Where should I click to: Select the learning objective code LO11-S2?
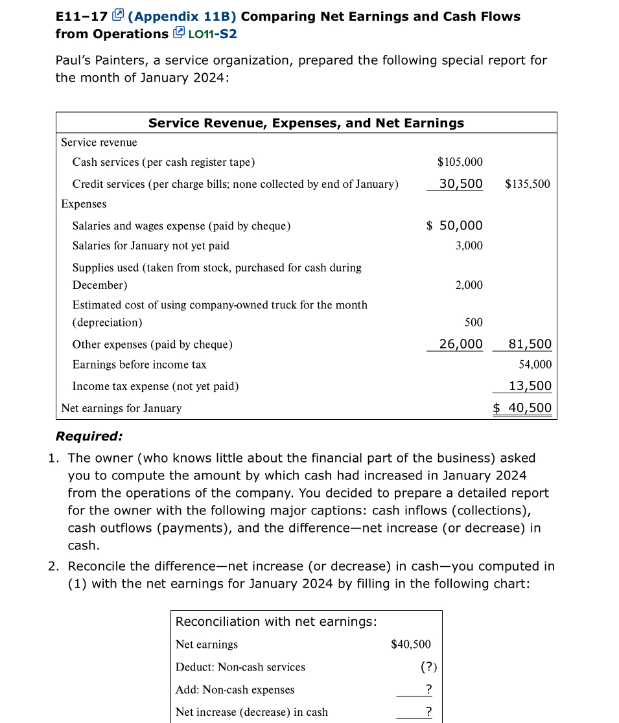(211, 34)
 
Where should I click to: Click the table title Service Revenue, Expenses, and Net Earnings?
(306, 123)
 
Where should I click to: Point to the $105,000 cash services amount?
(460, 162)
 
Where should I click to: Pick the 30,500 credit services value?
(461, 184)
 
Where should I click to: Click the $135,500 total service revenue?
(527, 184)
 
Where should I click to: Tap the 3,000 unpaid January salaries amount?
(469, 246)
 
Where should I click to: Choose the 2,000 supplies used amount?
(469, 285)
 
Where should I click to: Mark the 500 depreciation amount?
(474, 322)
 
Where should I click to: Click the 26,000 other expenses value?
(461, 344)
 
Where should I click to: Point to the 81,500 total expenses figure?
(530, 344)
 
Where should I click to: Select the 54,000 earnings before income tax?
(535, 365)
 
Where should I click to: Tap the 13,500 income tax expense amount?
(530, 386)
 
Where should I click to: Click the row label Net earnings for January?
(121, 408)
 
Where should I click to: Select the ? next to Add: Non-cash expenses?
(428, 689)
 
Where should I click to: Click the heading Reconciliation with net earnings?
(276, 621)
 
